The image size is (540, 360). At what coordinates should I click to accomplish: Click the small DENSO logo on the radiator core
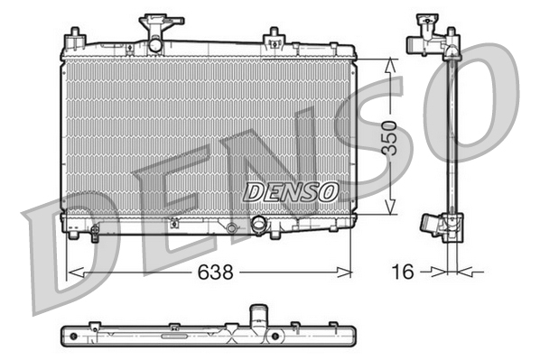pyautogui.click(x=291, y=192)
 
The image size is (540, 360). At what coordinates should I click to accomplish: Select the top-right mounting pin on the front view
pyautogui.click(x=271, y=38)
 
